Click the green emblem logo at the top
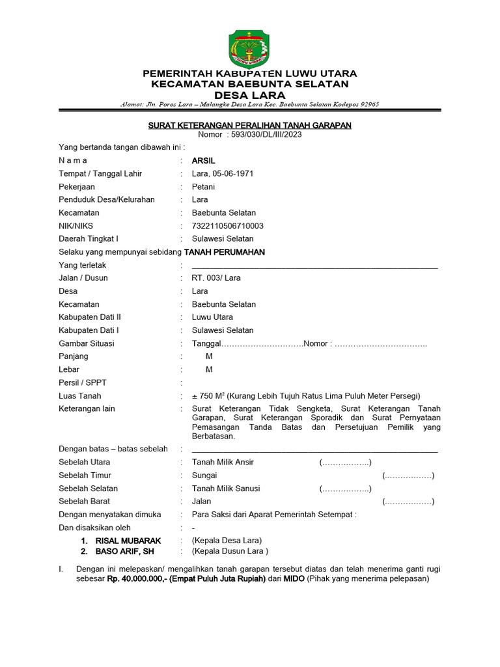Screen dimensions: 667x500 (250, 49)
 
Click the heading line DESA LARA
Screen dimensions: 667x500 (250, 94)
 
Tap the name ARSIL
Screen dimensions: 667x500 (203, 160)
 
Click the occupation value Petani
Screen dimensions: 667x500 (203, 186)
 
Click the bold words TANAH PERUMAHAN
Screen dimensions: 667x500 (225, 252)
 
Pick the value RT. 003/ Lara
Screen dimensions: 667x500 (215, 277)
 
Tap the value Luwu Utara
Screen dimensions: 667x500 (212, 317)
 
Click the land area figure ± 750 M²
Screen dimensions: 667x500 (208, 396)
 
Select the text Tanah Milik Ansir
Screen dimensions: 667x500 (222, 462)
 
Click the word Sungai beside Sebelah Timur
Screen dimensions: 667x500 (204, 475)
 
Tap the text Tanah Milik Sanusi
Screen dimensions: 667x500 (225, 489)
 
